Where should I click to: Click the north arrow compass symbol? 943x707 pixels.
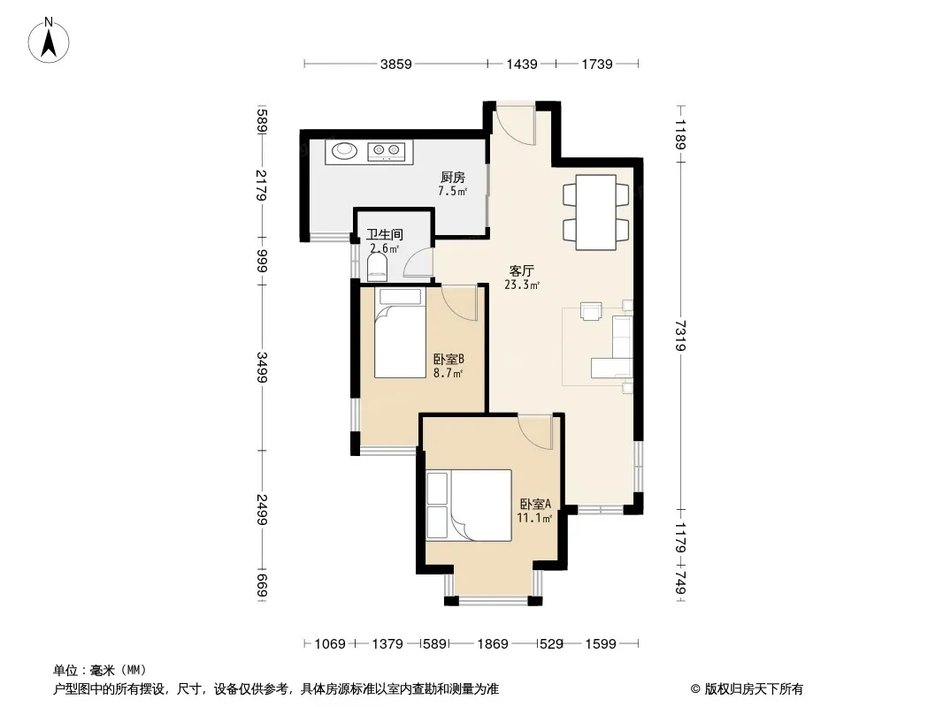coord(49,40)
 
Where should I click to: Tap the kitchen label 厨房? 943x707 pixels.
coord(452,178)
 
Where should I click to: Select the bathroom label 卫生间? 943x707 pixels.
coord(385,235)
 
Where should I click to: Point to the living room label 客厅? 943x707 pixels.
coord(521,271)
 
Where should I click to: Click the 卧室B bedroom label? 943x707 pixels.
coord(448,359)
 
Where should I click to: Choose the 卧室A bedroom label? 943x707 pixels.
coord(535,504)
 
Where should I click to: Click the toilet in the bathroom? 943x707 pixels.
coord(377,267)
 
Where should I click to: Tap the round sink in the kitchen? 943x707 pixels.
coord(343,149)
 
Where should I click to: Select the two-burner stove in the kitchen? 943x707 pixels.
coord(386,151)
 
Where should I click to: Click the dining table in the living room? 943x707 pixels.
coord(596,212)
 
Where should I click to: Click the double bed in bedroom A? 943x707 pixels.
coord(469,506)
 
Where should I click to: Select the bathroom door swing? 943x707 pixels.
coord(418,262)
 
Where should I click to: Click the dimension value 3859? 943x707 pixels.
coord(395,64)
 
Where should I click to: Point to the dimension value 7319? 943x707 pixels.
coord(680,335)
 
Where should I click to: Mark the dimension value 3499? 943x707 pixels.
coord(262,367)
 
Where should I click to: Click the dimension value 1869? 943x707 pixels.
coord(493,644)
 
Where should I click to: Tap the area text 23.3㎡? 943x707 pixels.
coord(521,285)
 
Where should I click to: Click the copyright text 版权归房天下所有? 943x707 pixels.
coord(754,689)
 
